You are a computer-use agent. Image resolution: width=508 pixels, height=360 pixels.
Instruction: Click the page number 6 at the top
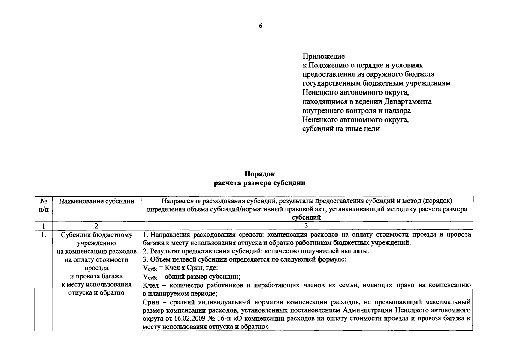[260, 26]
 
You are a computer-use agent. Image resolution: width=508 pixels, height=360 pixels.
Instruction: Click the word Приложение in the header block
[324, 56]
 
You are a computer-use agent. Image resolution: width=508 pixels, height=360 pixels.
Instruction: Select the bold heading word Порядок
[260, 174]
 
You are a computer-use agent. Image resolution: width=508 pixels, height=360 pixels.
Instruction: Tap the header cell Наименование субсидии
[96, 201]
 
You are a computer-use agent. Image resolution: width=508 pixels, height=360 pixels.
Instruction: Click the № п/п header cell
[44, 205]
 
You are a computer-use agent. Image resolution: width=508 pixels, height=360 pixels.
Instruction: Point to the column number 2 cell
[96, 226]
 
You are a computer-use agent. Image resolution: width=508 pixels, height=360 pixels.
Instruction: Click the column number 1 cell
[44, 226]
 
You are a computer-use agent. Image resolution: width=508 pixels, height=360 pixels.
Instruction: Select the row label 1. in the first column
[44, 235]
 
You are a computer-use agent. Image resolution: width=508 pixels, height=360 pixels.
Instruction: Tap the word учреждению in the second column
[96, 243]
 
